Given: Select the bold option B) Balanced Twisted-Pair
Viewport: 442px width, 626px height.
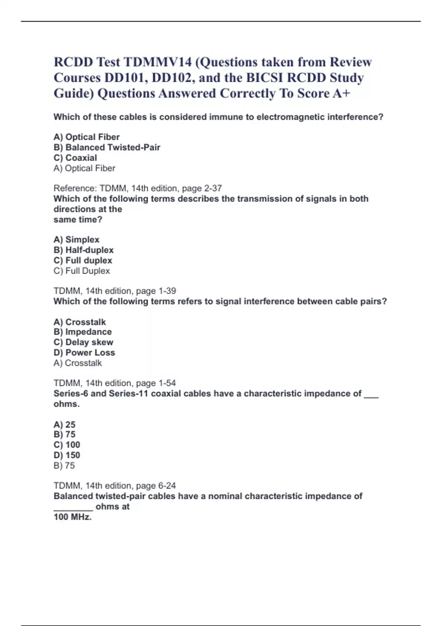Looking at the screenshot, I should (x=107, y=147).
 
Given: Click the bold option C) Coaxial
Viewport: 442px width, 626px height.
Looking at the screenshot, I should (x=75, y=158).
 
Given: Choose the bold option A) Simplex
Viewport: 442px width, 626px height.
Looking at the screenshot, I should (x=77, y=239).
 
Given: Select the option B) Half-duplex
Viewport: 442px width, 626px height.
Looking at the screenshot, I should (x=84, y=250).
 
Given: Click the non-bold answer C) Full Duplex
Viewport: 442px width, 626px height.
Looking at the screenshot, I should (x=82, y=271).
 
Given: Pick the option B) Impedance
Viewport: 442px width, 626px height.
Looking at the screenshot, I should (x=83, y=332).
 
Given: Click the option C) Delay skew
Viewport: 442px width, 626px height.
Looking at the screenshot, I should (x=83, y=342).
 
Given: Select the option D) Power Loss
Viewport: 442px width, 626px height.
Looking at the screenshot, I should (x=84, y=353).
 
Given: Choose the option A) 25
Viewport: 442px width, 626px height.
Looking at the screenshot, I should (x=64, y=424).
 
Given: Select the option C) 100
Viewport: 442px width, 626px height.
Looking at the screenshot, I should (x=67, y=445).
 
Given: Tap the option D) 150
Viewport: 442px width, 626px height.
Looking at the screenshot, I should (x=67, y=455).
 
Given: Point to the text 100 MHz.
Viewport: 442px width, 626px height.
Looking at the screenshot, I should (x=73, y=517).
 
